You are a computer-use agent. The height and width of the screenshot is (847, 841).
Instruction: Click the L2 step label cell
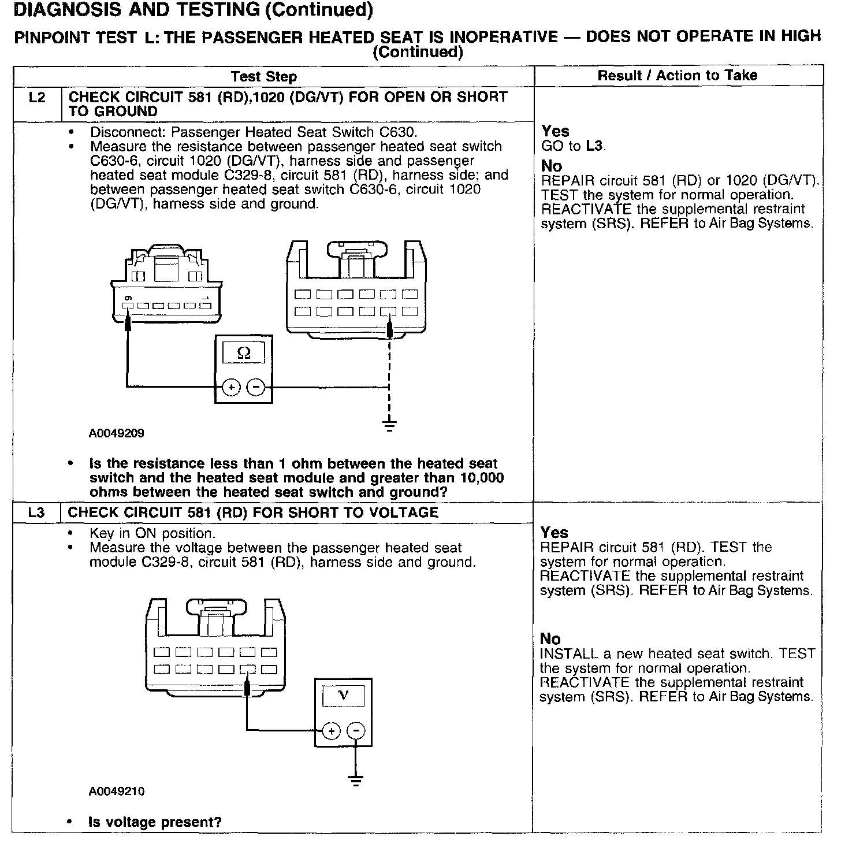[36, 98]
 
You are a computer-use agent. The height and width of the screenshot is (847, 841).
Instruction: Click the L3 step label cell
[36, 513]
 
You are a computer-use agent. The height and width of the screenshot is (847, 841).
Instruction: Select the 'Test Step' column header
[264, 77]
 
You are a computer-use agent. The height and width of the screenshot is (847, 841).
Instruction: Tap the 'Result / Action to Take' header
[677, 75]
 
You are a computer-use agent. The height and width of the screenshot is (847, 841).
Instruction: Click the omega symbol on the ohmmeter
[244, 353]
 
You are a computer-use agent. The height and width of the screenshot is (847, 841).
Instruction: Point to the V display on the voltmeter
[343, 695]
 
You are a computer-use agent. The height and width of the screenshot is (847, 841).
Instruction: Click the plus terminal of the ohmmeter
[231, 387]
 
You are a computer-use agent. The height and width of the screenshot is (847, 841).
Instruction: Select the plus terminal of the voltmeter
[331, 731]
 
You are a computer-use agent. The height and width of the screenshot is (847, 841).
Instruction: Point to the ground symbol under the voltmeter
[356, 781]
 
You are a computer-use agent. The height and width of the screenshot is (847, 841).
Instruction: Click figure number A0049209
[117, 433]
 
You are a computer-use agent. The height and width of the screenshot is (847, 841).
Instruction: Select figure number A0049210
[117, 792]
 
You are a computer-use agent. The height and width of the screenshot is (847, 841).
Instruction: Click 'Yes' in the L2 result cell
[555, 131]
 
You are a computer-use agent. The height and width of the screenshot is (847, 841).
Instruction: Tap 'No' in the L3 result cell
[550, 639]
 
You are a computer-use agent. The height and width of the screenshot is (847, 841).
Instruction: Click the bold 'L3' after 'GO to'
[594, 146]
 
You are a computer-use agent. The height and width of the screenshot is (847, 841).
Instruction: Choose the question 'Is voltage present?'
[155, 822]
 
